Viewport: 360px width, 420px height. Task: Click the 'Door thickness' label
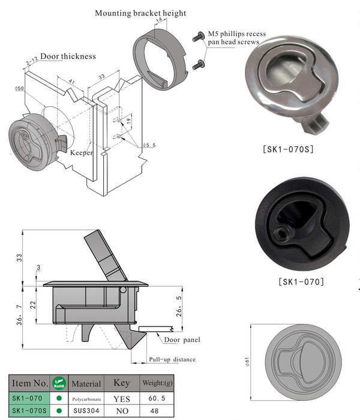(x=68, y=56)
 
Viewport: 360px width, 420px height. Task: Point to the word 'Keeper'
(x=82, y=153)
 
